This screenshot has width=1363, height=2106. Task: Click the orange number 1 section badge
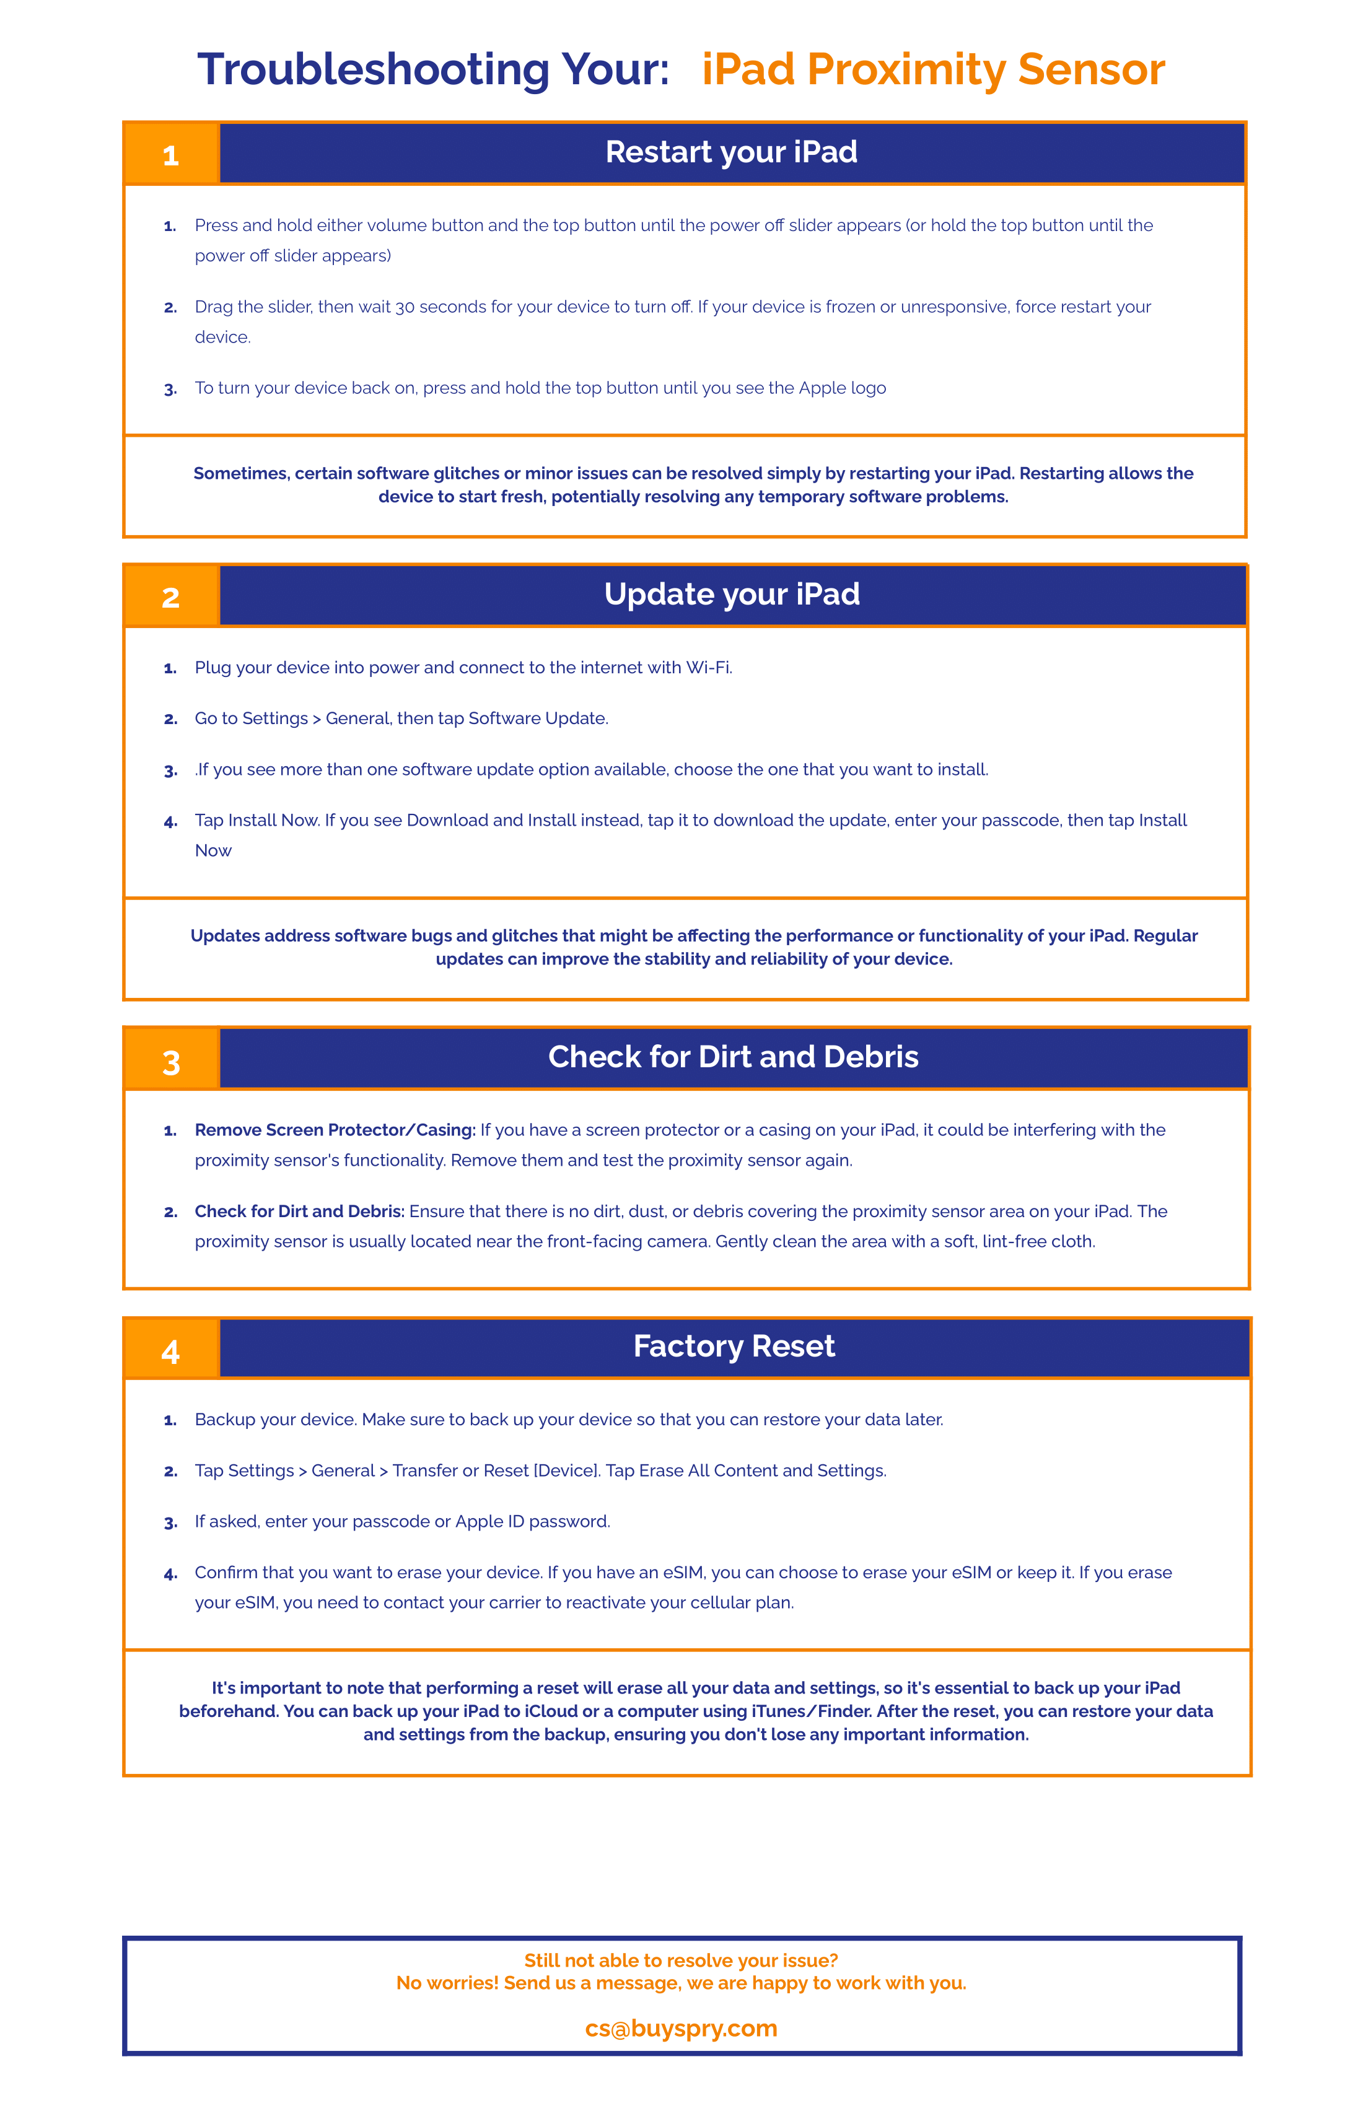[171, 154]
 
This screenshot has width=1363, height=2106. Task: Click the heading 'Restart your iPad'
[731, 152]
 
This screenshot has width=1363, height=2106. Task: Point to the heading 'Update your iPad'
[731, 594]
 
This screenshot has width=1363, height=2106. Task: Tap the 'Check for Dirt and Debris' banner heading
[733, 1057]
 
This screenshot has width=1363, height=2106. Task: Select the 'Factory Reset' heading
[734, 1346]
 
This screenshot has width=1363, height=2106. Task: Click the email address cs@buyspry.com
[681, 2028]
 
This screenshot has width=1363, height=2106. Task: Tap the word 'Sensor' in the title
[1090, 69]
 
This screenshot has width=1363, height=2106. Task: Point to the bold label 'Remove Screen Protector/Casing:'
[335, 1130]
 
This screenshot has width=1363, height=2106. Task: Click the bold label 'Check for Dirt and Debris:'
[300, 1212]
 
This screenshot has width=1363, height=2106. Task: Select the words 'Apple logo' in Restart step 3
[842, 388]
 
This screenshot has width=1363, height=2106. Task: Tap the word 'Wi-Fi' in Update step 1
[709, 667]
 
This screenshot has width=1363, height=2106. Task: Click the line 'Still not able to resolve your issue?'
[681, 1960]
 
